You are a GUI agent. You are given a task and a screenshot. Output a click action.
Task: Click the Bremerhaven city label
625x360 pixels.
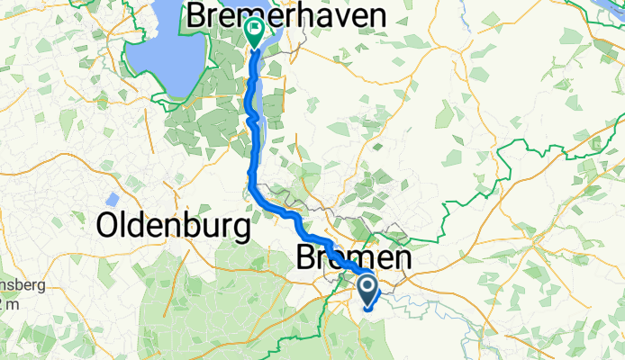(x=286, y=14)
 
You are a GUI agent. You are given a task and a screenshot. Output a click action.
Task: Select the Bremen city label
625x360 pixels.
(x=353, y=259)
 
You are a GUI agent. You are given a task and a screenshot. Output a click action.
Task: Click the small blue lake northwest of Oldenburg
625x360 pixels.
(x=112, y=198)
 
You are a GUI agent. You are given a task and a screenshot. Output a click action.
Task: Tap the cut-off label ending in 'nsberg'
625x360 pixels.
(x=13, y=293)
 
